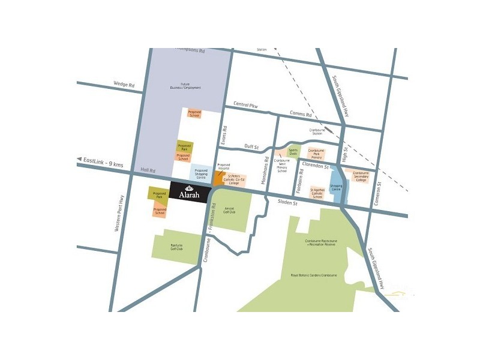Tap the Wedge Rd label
tap(124, 85)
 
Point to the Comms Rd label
tap(301, 114)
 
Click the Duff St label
tap(251, 146)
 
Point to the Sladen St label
tap(289, 203)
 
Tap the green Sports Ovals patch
tap(293, 152)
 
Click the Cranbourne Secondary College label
tap(361, 176)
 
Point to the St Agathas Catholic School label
tap(317, 193)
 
